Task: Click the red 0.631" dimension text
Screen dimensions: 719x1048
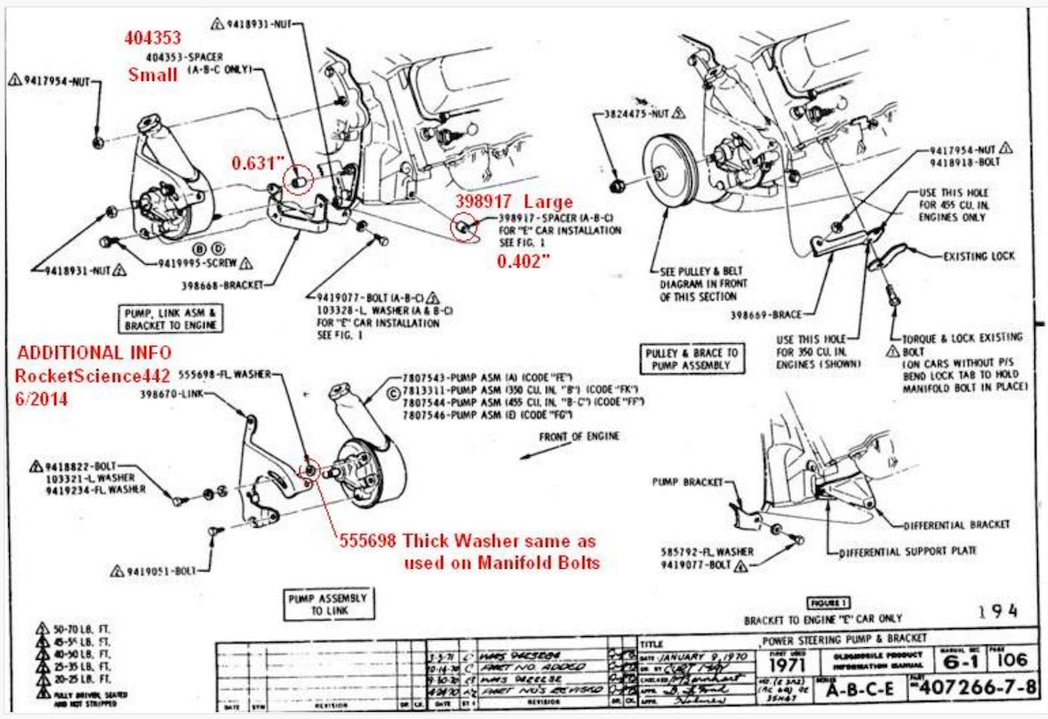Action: [x=257, y=164]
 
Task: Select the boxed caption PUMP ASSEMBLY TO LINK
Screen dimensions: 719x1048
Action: [x=327, y=604]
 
